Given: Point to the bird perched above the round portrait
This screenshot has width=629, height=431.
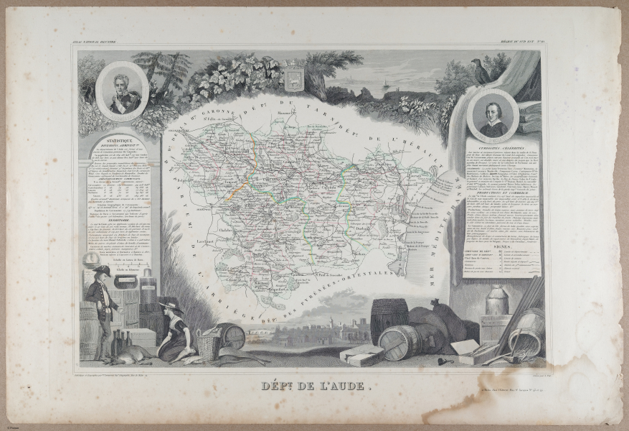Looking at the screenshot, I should [481, 72].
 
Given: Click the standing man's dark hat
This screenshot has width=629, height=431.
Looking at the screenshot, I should [101, 271].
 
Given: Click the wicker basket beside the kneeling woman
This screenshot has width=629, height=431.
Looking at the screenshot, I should [209, 343].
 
